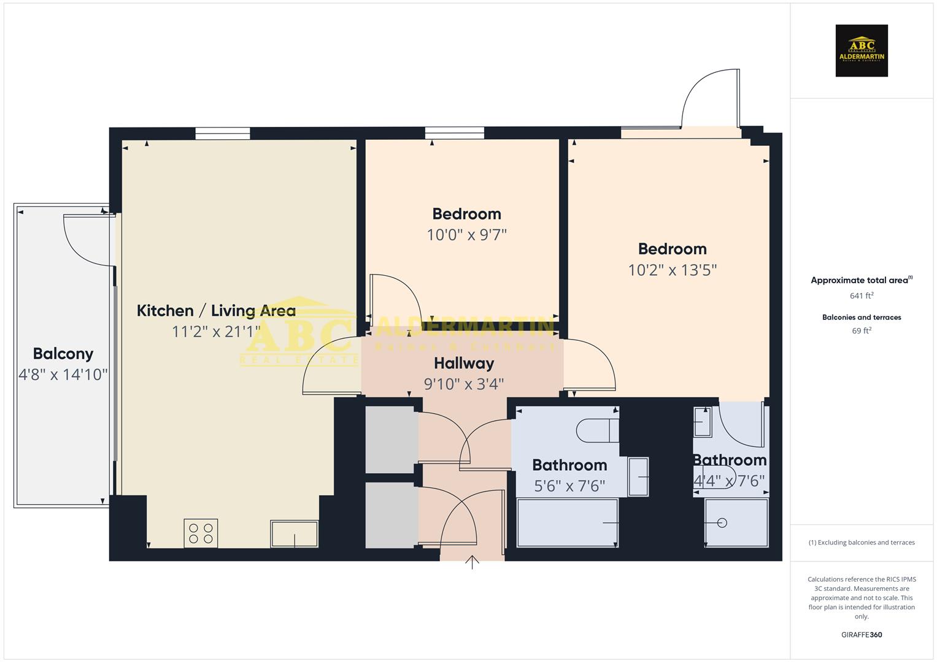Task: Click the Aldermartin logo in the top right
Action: (x=862, y=50)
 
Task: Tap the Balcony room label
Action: (x=63, y=354)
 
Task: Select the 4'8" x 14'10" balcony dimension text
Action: (x=63, y=375)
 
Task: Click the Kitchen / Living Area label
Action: (x=216, y=311)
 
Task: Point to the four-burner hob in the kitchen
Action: (x=201, y=533)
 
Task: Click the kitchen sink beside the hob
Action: (x=295, y=534)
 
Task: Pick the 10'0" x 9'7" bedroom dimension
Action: (x=467, y=235)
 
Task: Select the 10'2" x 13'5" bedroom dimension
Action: (x=673, y=270)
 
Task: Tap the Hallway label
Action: (x=464, y=363)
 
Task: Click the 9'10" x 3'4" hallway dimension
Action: (x=464, y=384)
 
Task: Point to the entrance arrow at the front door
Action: (x=472, y=562)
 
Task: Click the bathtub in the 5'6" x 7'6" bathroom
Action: (x=568, y=522)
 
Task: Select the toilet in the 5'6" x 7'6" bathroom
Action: (x=598, y=430)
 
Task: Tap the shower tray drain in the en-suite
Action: (x=722, y=523)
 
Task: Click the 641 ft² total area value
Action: (x=862, y=295)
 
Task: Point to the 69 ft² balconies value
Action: (x=862, y=331)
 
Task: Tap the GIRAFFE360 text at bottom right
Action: (x=862, y=635)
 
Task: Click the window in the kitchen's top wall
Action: (x=223, y=133)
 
